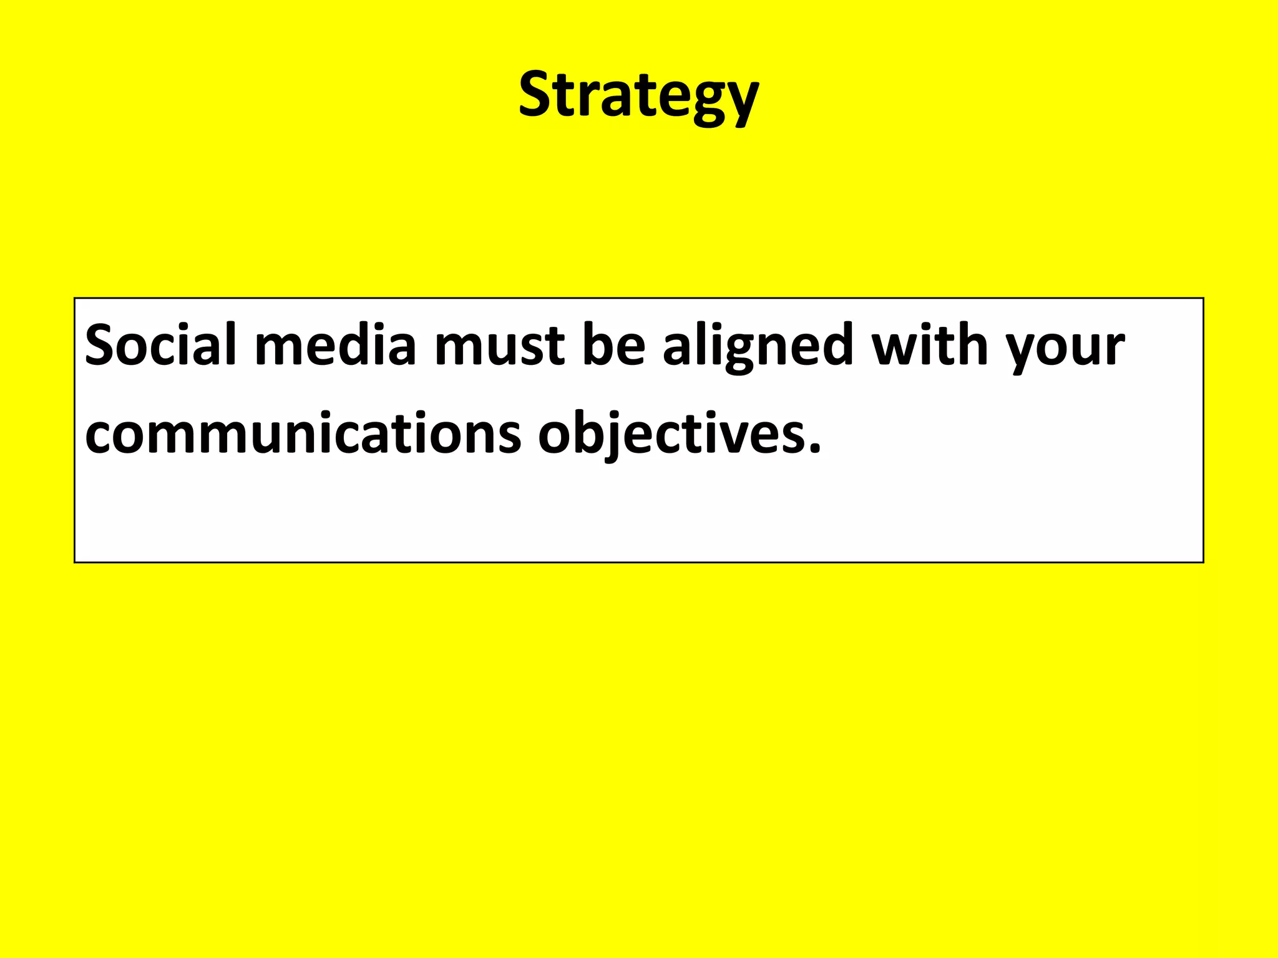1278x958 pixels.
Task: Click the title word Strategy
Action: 638,95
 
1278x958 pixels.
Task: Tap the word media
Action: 335,345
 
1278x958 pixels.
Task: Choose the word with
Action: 930,345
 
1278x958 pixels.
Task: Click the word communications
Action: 303,433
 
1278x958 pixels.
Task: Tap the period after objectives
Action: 814,447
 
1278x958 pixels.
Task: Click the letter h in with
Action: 971,345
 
